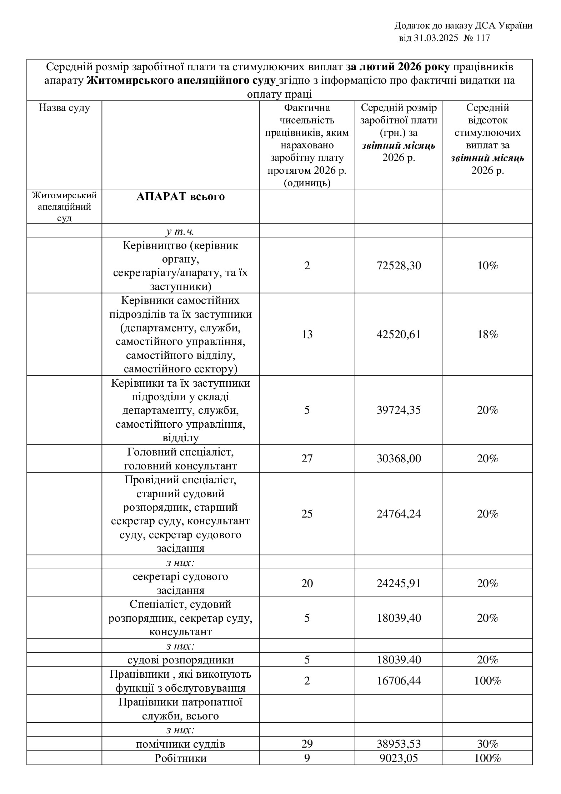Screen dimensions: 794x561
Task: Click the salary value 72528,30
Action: [399, 266]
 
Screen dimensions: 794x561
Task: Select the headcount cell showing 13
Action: [307, 334]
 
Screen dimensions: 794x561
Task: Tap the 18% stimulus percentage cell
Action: [487, 334]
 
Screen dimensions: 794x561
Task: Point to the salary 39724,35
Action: [399, 410]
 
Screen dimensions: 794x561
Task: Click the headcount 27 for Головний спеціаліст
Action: [307, 458]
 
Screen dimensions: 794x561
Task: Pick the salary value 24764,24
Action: [399, 514]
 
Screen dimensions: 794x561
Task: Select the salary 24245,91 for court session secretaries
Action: [399, 583]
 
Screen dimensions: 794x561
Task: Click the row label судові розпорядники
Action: [180, 660]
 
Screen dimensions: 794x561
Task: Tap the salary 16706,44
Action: [399, 681]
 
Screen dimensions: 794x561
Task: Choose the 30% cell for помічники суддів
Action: [487, 744]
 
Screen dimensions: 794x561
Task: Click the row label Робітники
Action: [180, 758]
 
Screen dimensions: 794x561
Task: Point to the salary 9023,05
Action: [399, 758]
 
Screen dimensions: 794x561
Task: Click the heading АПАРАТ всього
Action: [180, 197]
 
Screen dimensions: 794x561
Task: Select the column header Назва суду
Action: [64, 108]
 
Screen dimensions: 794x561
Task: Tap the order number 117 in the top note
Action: [483, 38]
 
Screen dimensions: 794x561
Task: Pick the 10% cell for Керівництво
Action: [487, 266]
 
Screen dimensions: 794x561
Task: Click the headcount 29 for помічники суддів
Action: [307, 744]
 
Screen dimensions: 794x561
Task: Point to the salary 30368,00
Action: [399, 458]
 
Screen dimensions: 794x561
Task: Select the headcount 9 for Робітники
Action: [307, 758]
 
